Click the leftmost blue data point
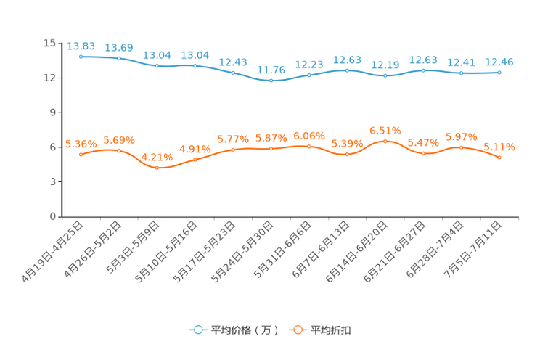coord(81,57)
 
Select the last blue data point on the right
coord(499,72)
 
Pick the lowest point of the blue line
coord(271,80)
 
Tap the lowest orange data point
coord(157,167)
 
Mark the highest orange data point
coord(385,140)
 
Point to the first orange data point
coord(81,154)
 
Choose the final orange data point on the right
coord(499,157)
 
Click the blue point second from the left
coord(119,58)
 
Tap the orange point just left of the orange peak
coord(348,154)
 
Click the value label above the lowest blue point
coord(271,70)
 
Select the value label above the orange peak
coord(385,131)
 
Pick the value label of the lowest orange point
coord(157,157)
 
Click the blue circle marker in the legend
coord(197,330)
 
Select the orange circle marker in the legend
coord(297,330)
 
